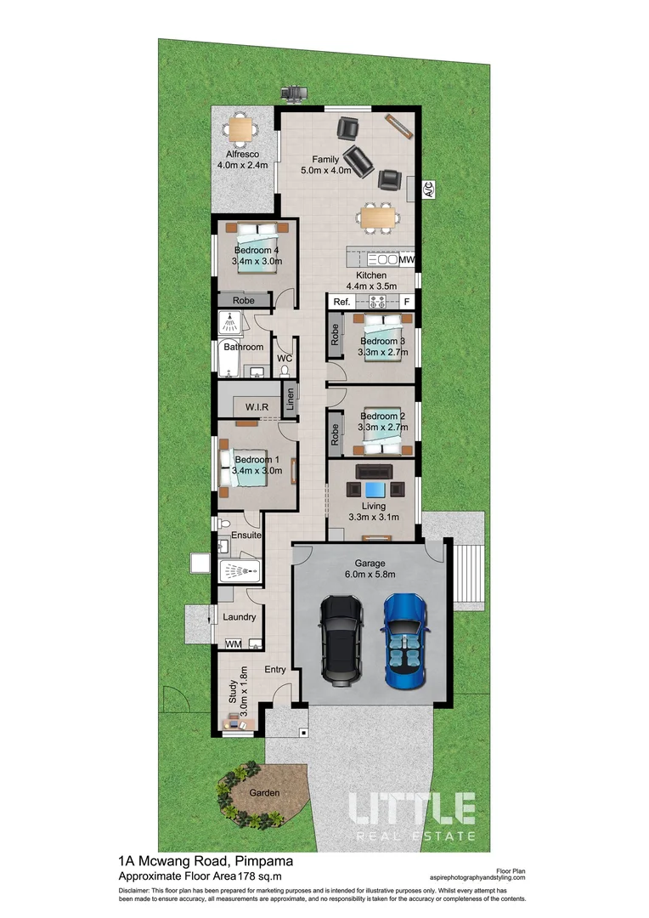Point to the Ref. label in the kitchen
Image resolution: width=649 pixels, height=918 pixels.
tap(341, 302)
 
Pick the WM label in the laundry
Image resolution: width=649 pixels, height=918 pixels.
tap(233, 644)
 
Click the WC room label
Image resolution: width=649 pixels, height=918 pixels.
tap(285, 359)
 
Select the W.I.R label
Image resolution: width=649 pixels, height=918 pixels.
tap(257, 407)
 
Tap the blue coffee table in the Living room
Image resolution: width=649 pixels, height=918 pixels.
tap(375, 489)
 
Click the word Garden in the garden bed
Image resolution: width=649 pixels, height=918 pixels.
tap(264, 792)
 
